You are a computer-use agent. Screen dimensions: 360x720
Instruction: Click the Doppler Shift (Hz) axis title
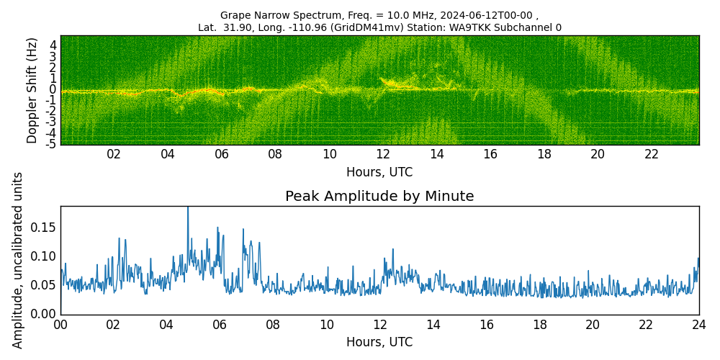coord(32,91)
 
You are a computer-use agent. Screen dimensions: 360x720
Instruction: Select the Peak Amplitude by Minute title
coord(379,197)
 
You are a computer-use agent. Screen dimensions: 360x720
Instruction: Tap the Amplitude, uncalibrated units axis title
coord(18,260)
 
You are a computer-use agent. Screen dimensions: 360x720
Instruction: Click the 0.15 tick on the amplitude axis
coord(42,228)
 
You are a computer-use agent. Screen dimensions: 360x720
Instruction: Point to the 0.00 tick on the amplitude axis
coord(42,314)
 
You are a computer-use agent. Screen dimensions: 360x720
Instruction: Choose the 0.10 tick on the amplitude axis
coord(42,256)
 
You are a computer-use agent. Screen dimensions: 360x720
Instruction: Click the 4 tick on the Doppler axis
coord(53,45)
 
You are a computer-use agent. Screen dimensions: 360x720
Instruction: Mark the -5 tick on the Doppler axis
coord(51,145)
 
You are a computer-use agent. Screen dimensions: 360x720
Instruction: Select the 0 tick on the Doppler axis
coord(53,89)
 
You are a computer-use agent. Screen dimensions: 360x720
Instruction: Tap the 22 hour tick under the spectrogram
coord(652,155)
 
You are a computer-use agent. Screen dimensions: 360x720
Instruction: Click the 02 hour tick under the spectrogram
coord(114,155)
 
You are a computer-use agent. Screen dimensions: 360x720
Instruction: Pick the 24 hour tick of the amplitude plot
coord(699,325)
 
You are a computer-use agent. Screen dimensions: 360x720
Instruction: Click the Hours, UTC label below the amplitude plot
coord(379,343)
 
